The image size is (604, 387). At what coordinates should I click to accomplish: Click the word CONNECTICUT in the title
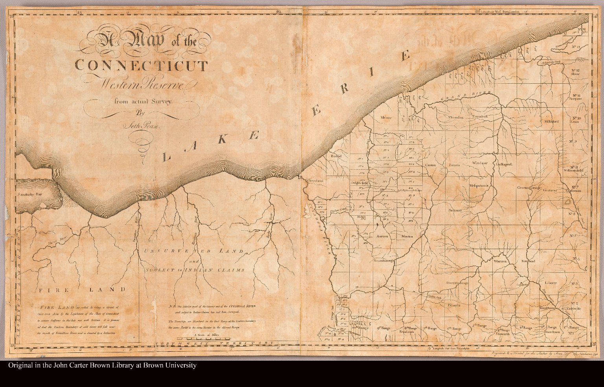[x=141, y=66]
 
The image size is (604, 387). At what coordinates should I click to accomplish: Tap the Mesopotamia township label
[x=479, y=185]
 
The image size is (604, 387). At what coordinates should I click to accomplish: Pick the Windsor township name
[x=480, y=163]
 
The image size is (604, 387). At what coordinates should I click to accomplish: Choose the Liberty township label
[x=551, y=282]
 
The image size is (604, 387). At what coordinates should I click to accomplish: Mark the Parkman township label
[x=455, y=211]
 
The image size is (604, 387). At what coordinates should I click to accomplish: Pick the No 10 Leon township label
[x=576, y=120]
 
